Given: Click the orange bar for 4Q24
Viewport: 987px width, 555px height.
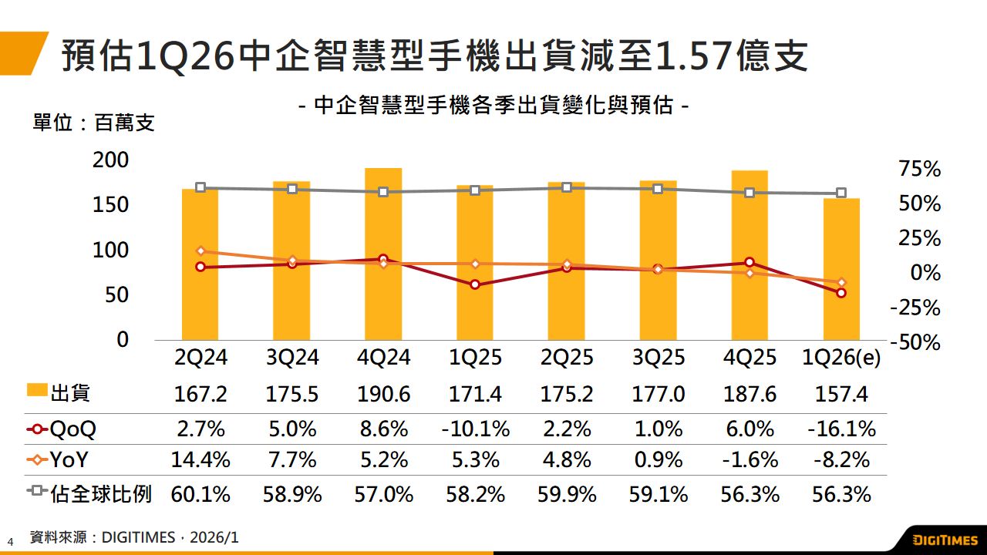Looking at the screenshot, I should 383,254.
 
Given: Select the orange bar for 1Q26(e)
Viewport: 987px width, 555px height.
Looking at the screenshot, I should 841,269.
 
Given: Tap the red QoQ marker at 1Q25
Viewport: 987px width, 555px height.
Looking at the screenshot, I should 475,284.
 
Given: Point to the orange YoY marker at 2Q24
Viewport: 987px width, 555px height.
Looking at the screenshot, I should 200,251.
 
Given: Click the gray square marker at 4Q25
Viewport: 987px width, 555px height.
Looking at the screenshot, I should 750,193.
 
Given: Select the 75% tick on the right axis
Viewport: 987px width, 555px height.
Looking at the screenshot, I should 920,170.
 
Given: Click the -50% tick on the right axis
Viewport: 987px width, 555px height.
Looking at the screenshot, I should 916,342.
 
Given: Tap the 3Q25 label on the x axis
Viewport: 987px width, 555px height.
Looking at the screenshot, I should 658,358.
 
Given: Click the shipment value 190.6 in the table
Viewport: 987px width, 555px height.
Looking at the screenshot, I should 383,395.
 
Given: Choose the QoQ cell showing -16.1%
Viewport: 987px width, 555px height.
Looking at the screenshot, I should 841,429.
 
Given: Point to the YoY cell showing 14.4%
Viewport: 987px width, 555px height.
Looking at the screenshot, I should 200,460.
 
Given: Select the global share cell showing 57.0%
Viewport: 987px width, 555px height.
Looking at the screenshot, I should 383,494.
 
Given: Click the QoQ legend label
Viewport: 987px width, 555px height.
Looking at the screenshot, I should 73,429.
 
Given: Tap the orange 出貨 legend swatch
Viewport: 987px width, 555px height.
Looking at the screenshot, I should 37,392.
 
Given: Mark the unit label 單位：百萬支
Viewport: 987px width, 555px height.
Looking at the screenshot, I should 93,123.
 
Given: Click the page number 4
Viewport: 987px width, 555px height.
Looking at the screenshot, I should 11,540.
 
